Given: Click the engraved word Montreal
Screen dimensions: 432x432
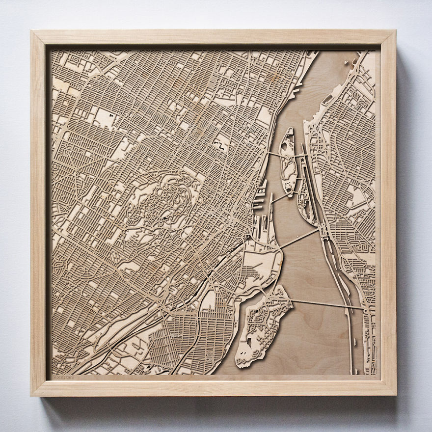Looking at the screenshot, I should [62, 377].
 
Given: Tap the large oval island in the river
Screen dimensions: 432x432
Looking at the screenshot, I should [287, 160].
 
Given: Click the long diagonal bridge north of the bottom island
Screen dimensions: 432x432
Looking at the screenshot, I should [299, 238].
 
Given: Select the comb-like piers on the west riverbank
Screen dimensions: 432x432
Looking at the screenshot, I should [260, 196].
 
